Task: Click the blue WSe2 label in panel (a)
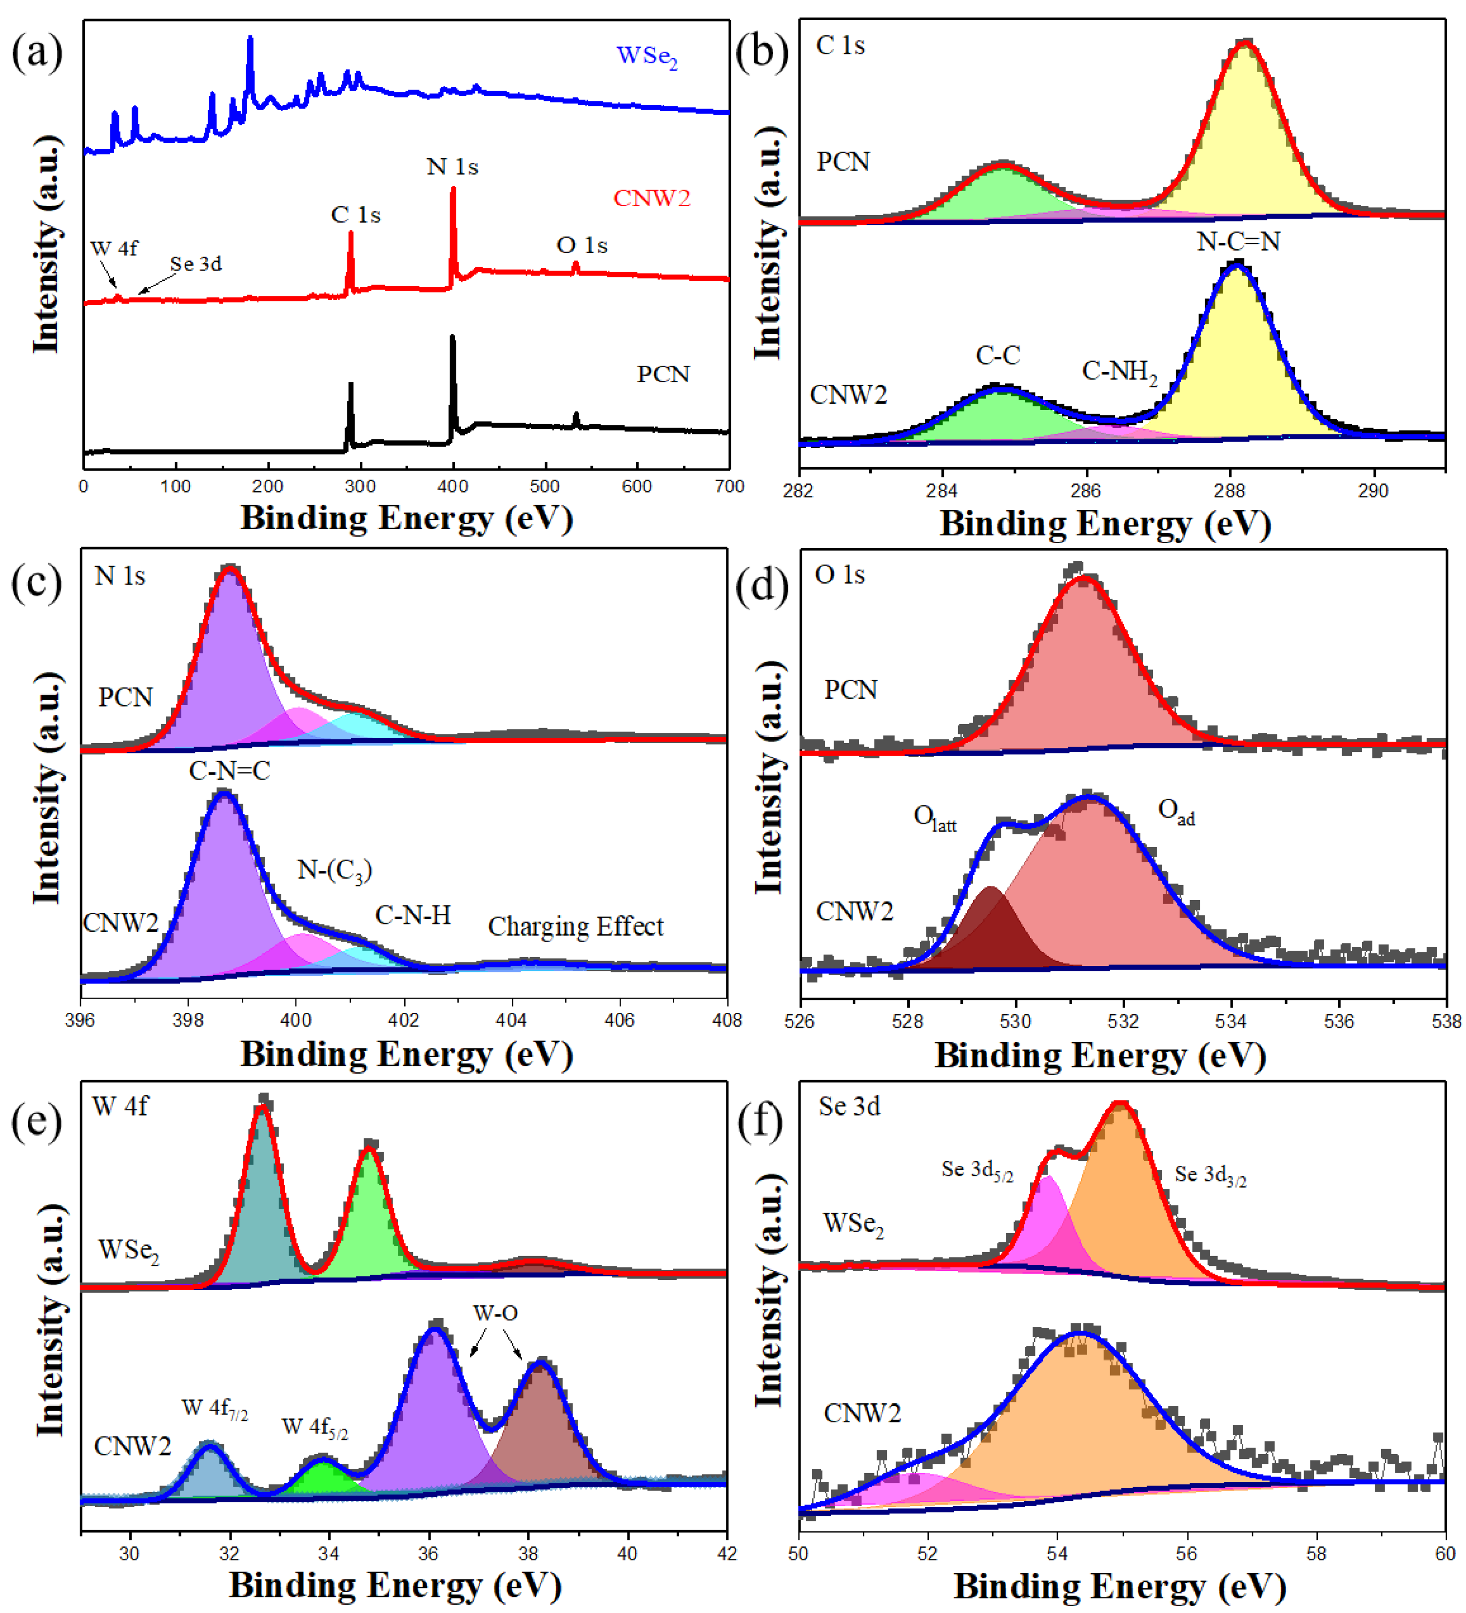coord(646,57)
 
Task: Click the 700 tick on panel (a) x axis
coord(728,487)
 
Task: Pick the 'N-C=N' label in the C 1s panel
coord(1237,242)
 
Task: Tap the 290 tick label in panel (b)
coord(1372,491)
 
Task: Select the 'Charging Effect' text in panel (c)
coord(575,926)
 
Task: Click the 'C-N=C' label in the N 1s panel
coord(230,770)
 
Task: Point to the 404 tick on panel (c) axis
coord(511,1020)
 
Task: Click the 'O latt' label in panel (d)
coord(934,818)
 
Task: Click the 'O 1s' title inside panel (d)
coord(840,575)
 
